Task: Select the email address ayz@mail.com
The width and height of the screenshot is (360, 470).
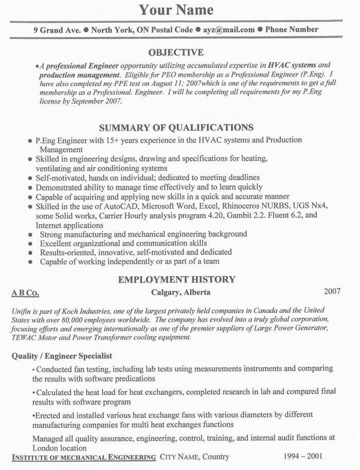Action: pos(228,29)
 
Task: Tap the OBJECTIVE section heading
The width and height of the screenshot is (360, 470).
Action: pos(176,52)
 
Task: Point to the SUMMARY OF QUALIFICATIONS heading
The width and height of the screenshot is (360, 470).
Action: pos(176,127)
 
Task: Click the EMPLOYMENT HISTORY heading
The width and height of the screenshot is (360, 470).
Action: pos(176,280)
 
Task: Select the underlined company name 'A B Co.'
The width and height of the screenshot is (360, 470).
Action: pos(25,293)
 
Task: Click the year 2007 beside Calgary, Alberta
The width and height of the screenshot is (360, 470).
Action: pos(332,292)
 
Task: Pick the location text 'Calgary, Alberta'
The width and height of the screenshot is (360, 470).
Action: pos(181,292)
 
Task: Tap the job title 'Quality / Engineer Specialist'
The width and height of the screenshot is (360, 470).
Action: pos(62,356)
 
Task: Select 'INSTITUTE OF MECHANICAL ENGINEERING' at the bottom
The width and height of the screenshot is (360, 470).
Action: pos(84,457)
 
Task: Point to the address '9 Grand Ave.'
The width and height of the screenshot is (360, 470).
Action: pos(57,29)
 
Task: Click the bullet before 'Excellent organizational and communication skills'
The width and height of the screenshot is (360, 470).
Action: pos(30,243)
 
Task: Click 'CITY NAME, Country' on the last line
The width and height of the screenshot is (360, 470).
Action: pos(194,457)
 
